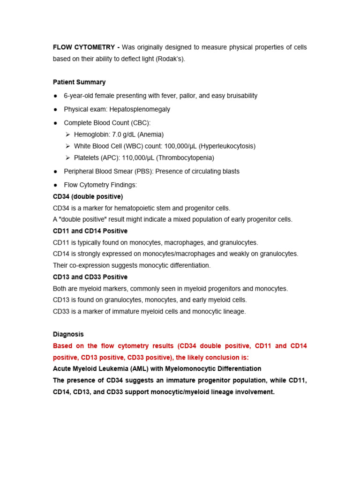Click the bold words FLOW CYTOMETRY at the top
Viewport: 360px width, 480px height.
(x=84, y=48)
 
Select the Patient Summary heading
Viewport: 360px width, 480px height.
(x=79, y=82)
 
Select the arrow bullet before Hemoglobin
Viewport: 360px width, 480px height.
(x=68, y=135)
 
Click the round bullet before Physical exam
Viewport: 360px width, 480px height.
(x=56, y=109)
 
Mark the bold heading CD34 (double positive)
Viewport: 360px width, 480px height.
(x=88, y=196)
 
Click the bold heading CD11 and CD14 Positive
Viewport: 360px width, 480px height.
(x=90, y=231)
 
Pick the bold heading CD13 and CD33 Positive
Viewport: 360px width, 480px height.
(x=90, y=277)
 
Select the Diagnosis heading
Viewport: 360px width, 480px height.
(x=68, y=334)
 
